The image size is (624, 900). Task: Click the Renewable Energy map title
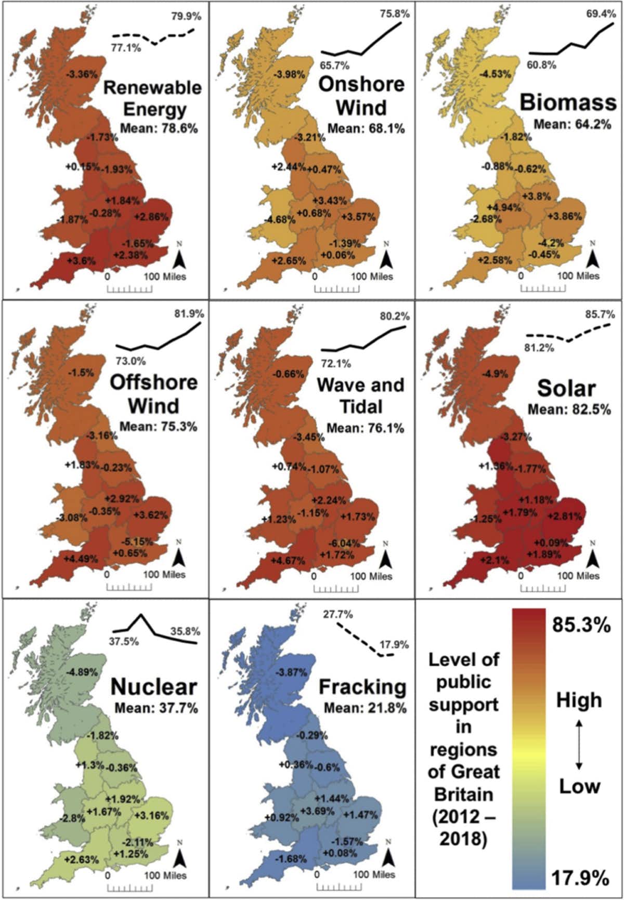[x=152, y=98]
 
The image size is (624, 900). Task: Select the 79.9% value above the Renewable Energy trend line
[x=186, y=16]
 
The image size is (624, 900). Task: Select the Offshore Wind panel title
[x=153, y=393]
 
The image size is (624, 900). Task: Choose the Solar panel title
[x=566, y=389]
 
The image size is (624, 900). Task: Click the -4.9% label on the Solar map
[x=495, y=374]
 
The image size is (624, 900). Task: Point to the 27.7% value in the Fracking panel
[x=338, y=614]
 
